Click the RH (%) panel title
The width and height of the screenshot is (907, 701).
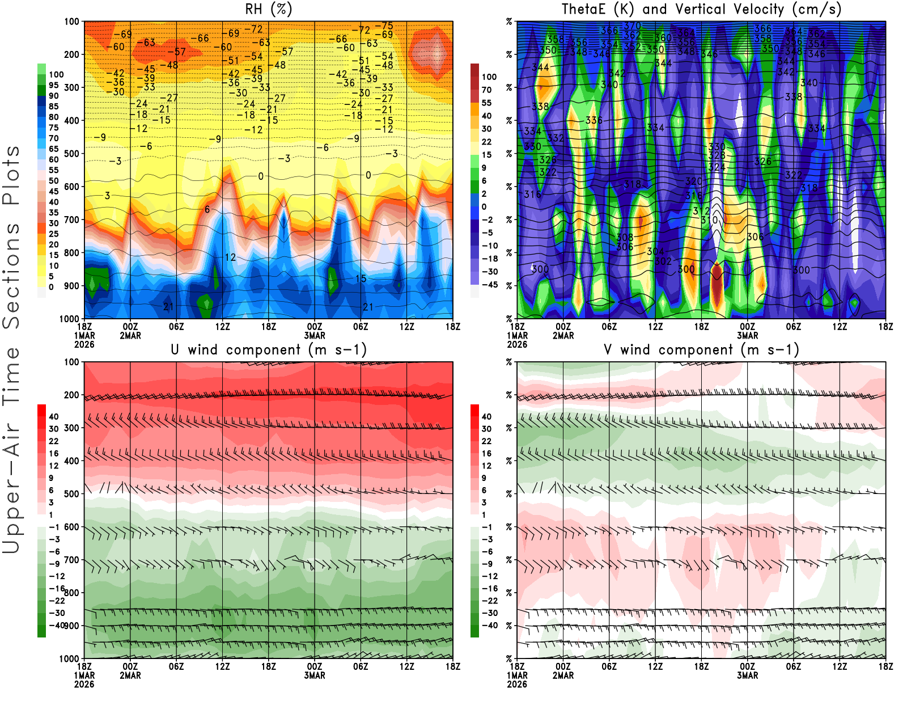[268, 10]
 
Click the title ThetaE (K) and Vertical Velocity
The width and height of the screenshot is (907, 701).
[701, 10]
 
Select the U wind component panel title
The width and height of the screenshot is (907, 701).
[268, 350]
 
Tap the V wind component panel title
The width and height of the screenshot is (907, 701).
[701, 350]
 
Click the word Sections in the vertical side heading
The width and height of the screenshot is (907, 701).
[11, 275]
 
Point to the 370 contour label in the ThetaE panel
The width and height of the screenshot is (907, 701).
[632, 26]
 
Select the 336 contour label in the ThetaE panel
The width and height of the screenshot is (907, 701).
[594, 120]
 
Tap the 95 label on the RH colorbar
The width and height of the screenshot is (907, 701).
[53, 85]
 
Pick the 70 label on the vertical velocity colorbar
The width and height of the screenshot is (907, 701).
[486, 90]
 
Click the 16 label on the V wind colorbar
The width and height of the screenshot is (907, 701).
[486, 453]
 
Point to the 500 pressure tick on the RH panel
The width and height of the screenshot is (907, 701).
[71, 154]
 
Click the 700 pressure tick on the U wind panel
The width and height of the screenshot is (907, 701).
[71, 560]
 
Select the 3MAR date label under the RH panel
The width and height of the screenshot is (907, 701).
[315, 336]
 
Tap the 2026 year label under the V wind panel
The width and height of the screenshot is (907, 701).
[517, 685]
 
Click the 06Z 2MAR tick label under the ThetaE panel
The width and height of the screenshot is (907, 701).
[609, 327]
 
